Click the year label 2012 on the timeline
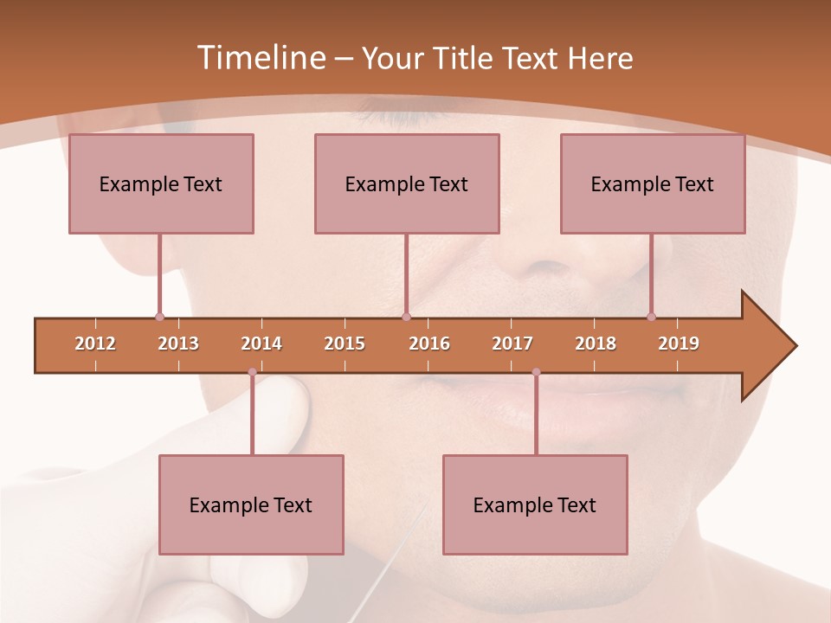pos(95,344)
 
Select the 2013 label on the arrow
pos(178,344)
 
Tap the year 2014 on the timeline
pos(261,344)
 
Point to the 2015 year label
pos(345,344)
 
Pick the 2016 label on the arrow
pos(429,344)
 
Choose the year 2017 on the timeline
pos(512,344)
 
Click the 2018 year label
pos(596,344)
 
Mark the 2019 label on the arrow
pos(679,344)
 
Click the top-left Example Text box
pos(161,183)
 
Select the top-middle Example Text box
pos(407,183)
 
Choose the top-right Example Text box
pos(653,183)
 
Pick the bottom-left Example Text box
pos(251,504)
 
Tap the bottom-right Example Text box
pos(535,504)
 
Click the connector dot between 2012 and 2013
pos(159,317)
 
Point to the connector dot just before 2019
pos(652,317)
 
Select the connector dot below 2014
pos(252,372)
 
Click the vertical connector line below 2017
pos(536,415)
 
